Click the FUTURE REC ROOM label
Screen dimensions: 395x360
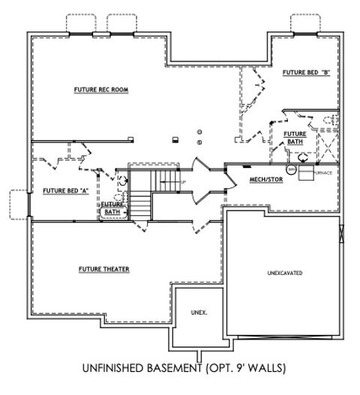pyautogui.click(x=101, y=90)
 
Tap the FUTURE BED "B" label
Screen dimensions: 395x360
pyautogui.click(x=307, y=73)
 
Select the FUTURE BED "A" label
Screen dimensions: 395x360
pyautogui.click(x=66, y=190)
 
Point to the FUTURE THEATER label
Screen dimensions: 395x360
pyautogui.click(x=104, y=269)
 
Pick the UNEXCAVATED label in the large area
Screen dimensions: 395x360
pyautogui.click(x=285, y=273)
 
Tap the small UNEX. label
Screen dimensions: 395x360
pyautogui.click(x=199, y=312)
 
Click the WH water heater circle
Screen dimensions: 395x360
pyautogui.click(x=291, y=169)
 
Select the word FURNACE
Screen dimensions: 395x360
pyautogui.click(x=323, y=173)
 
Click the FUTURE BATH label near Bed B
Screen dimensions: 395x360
pyautogui.click(x=294, y=137)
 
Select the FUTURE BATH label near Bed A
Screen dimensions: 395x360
pyautogui.click(x=112, y=208)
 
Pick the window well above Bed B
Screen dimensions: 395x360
pyautogui.click(x=305, y=24)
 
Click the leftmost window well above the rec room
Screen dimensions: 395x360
pyautogui.click(x=80, y=24)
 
